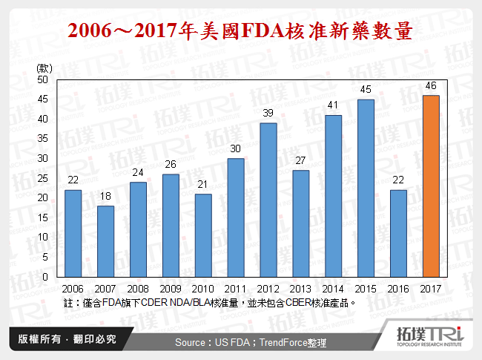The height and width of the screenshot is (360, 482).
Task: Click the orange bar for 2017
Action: point(431,186)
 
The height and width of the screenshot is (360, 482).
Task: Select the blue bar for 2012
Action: point(268,200)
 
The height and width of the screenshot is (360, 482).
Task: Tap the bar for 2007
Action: point(105,241)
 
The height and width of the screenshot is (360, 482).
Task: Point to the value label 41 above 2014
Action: point(333,105)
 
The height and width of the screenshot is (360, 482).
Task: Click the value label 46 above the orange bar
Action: point(431,85)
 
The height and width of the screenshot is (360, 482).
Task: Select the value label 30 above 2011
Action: point(235,148)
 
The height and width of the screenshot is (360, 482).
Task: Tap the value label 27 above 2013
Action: point(300,160)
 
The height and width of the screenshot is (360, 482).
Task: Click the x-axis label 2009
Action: point(170,289)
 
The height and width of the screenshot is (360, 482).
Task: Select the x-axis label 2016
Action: point(398,289)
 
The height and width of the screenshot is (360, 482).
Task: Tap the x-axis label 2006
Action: point(73,289)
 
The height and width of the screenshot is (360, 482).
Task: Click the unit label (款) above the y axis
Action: point(44,68)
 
